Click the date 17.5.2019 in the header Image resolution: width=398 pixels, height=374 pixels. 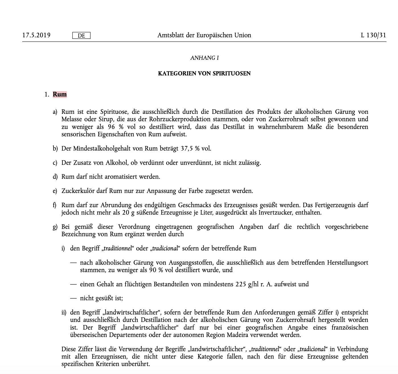click(x=36, y=35)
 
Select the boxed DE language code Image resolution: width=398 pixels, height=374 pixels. click(x=81, y=36)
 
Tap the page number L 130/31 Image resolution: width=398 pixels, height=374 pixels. click(x=373, y=35)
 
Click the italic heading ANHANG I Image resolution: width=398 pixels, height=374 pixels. click(x=204, y=58)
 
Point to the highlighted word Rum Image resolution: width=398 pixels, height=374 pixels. click(x=60, y=94)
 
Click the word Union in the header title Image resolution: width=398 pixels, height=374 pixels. click(x=243, y=35)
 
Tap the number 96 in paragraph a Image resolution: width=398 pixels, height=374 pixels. click(x=111, y=127)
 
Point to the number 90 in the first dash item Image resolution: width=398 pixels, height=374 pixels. click(x=152, y=270)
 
